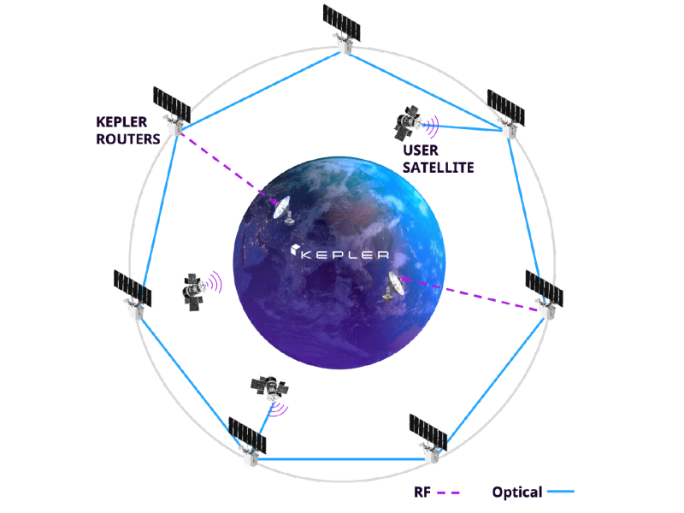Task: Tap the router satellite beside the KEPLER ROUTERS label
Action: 172,110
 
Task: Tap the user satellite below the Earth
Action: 268,386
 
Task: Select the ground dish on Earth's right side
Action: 394,285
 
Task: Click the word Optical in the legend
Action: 516,492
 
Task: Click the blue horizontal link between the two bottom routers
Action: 342,460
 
